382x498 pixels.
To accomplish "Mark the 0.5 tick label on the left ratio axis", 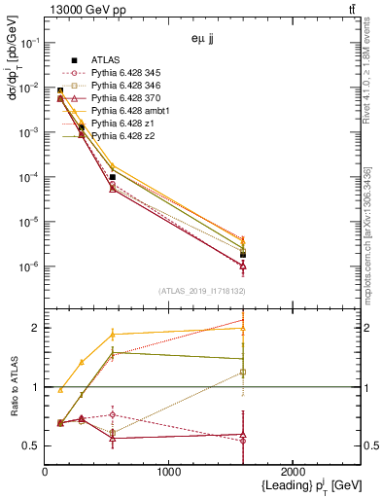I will (32, 446).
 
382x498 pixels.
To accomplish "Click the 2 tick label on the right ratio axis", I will (367, 328).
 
